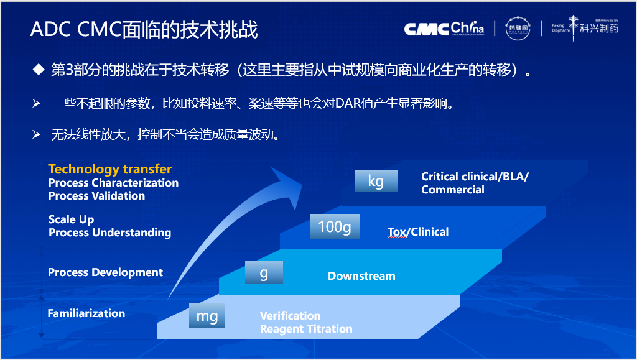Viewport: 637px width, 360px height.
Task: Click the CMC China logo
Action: tap(444, 29)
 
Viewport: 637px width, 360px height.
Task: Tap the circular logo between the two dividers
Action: tap(518, 29)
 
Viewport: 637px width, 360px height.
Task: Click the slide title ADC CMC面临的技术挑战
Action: tap(144, 29)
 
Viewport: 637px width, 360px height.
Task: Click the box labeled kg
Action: tap(376, 181)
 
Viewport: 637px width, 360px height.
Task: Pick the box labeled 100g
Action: tap(335, 227)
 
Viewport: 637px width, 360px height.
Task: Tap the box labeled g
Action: tap(264, 272)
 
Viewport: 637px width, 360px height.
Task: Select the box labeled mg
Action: tap(207, 316)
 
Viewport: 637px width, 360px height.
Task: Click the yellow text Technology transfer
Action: tap(109, 169)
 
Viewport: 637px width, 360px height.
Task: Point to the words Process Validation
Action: tap(96, 196)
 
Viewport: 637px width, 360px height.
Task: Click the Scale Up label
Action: tap(72, 219)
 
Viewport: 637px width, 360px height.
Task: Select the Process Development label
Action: tap(105, 272)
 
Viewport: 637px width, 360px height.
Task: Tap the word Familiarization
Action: tap(86, 313)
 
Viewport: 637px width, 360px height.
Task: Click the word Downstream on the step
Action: tap(361, 276)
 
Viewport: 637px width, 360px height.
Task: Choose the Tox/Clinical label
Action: tap(418, 232)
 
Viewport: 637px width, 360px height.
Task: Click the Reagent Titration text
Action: tap(306, 329)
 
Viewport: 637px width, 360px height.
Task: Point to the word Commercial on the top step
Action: tap(452, 190)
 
